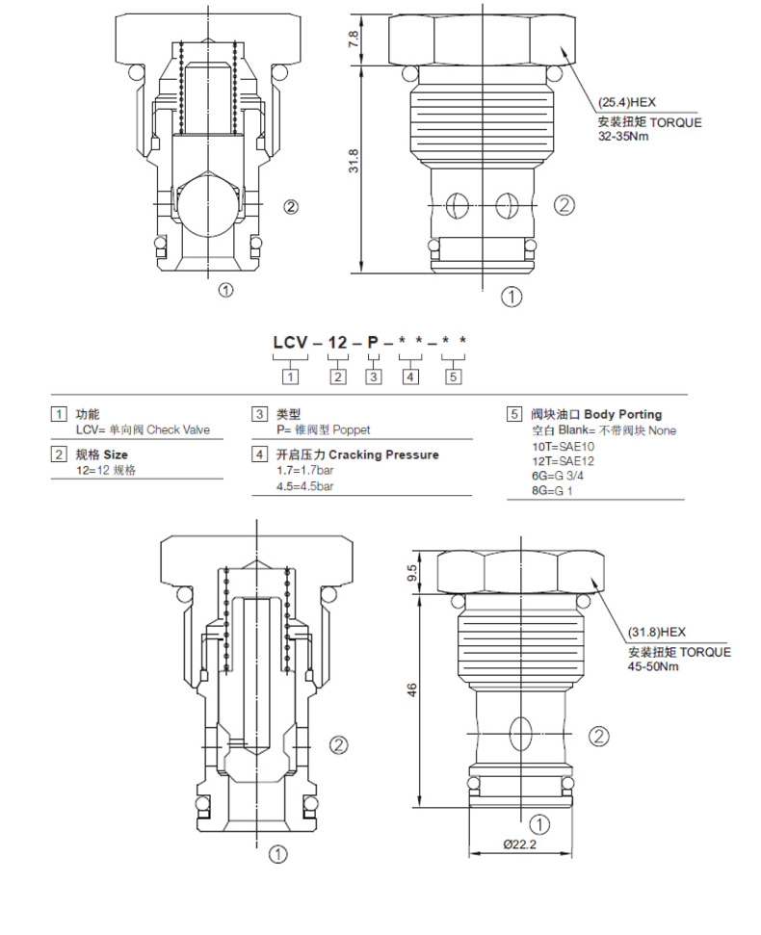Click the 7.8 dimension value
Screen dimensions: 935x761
[354, 39]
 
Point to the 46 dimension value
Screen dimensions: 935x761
[411, 689]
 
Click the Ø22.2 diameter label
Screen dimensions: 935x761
[518, 844]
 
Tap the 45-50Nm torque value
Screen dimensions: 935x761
[654, 665]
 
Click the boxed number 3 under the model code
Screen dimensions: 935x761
[373, 377]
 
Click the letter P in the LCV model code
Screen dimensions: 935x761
[372, 342]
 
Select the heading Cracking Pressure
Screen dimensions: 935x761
[383, 455]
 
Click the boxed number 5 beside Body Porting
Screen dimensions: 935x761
[514, 415]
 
